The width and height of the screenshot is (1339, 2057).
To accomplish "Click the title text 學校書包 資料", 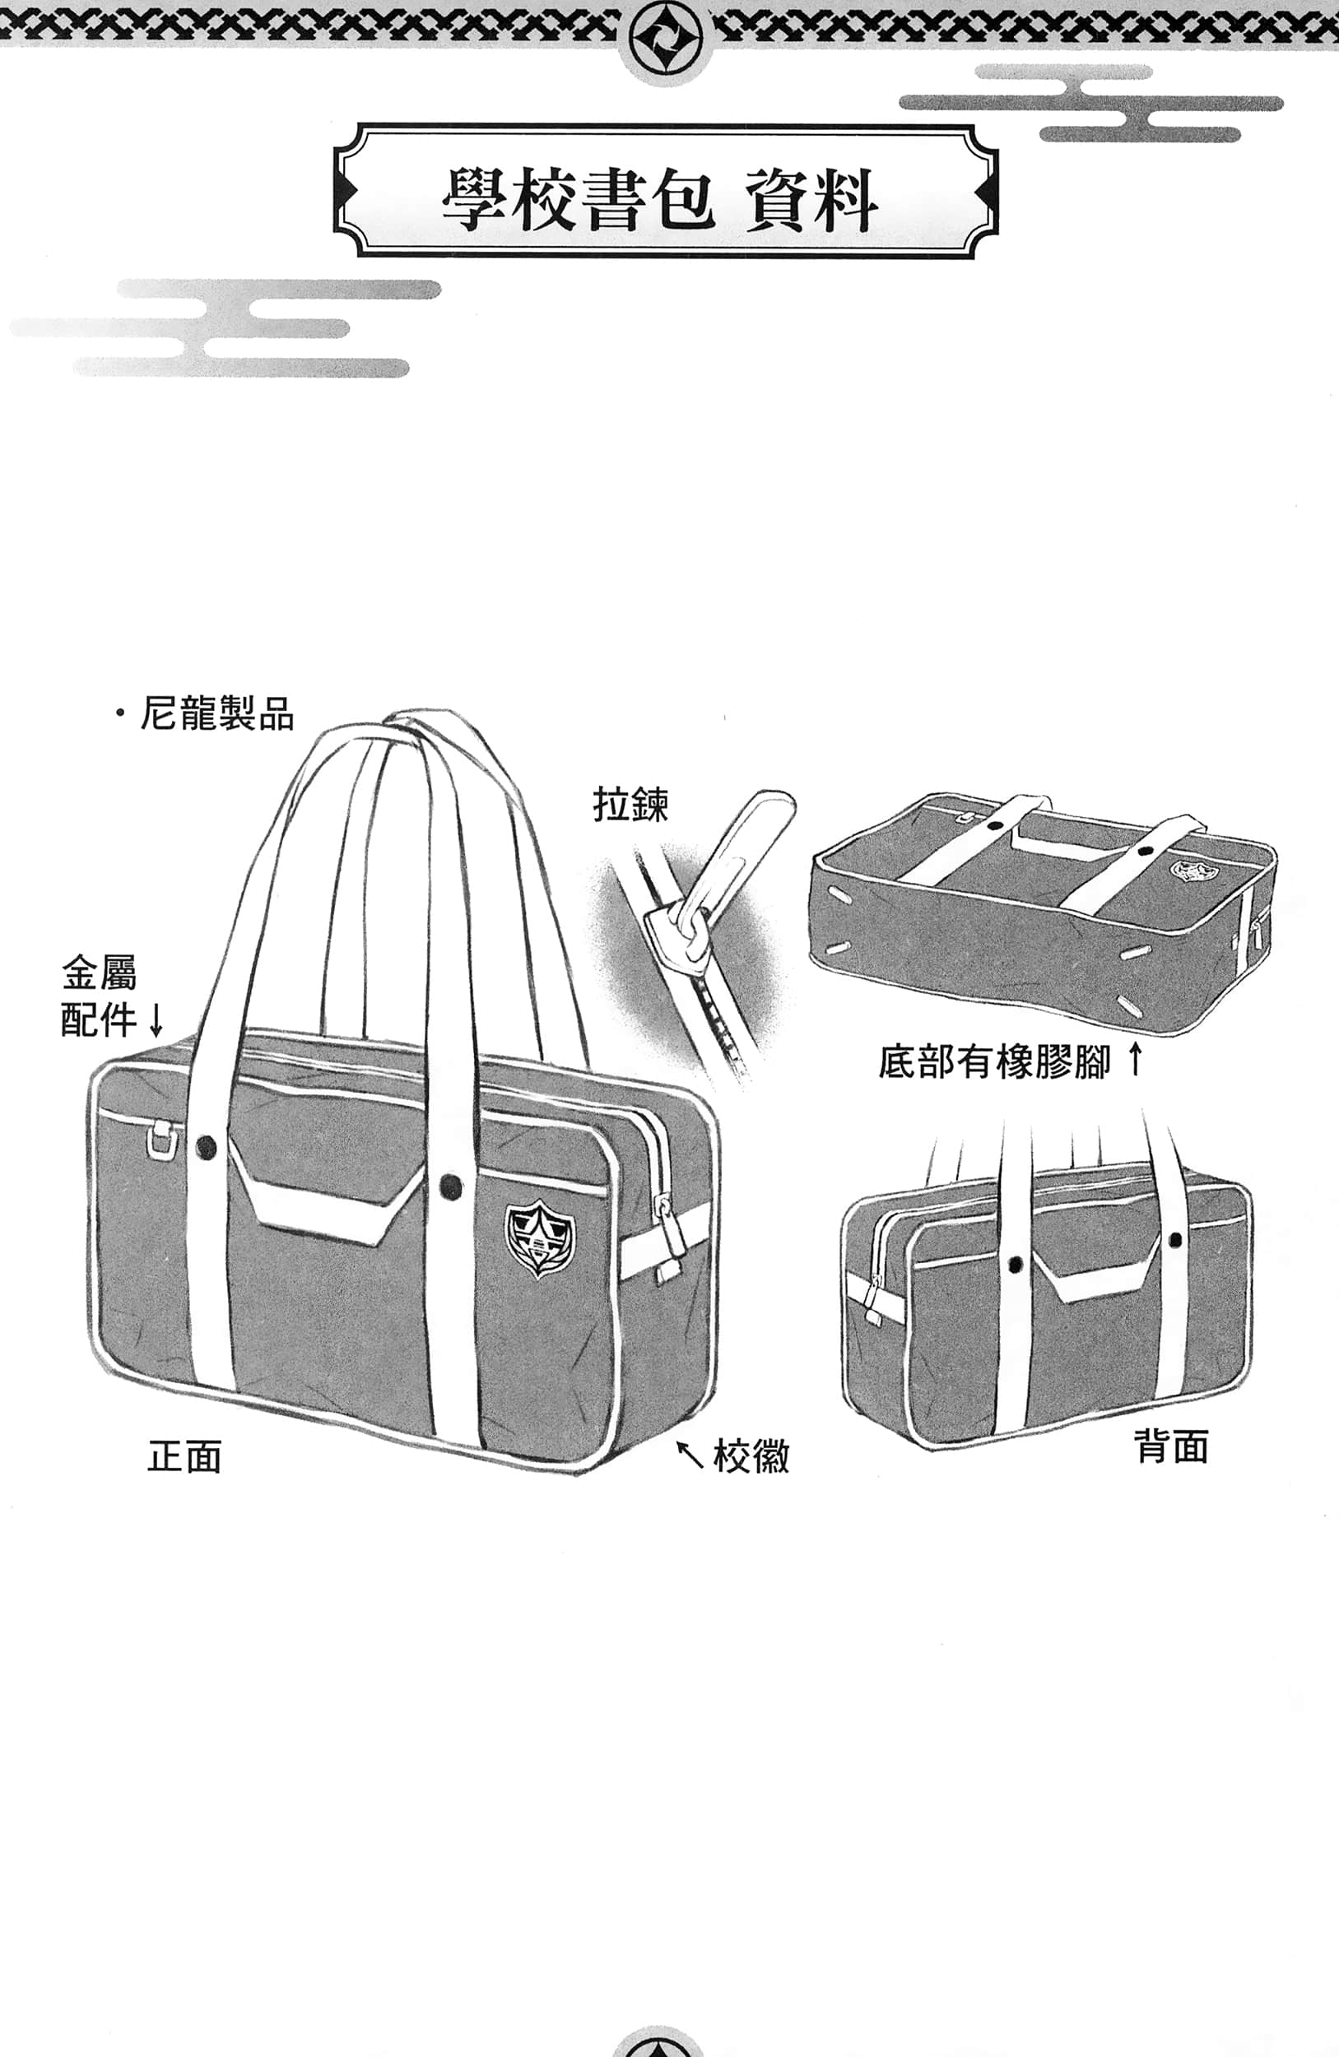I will (x=662, y=200).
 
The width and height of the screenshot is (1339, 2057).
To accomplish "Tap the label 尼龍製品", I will (x=216, y=715).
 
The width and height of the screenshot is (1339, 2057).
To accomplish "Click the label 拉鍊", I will (x=630, y=805).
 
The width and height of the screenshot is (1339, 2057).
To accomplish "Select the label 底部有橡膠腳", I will (x=994, y=1062).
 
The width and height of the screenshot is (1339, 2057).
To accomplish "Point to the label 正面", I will (x=185, y=1456).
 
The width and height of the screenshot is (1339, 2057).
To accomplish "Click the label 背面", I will (x=1170, y=1446).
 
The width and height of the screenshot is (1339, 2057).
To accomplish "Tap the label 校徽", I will (x=751, y=1456).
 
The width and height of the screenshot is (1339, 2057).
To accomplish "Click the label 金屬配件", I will (x=99, y=996).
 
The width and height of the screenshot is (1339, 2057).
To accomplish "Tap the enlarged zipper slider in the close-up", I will (x=674, y=933).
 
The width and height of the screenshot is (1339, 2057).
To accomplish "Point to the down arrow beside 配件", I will (x=156, y=1019).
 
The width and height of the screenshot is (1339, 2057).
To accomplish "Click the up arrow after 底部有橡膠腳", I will (x=1136, y=1060).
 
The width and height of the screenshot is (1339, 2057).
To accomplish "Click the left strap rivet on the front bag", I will (x=206, y=1148).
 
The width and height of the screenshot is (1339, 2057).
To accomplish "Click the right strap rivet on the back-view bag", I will (x=1175, y=1240).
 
